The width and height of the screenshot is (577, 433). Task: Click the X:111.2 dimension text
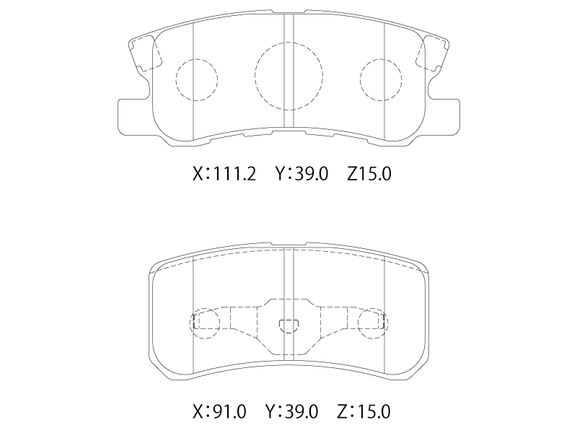[224, 174]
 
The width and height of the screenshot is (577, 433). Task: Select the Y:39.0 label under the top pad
[301, 174]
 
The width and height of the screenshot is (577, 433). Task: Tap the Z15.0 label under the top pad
[369, 174]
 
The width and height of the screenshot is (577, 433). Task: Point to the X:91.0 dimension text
[219, 411]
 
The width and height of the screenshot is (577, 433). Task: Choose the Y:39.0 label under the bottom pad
[291, 411]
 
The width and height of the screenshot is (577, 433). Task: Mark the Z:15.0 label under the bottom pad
[364, 411]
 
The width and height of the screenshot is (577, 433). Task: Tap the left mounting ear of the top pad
[134, 118]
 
